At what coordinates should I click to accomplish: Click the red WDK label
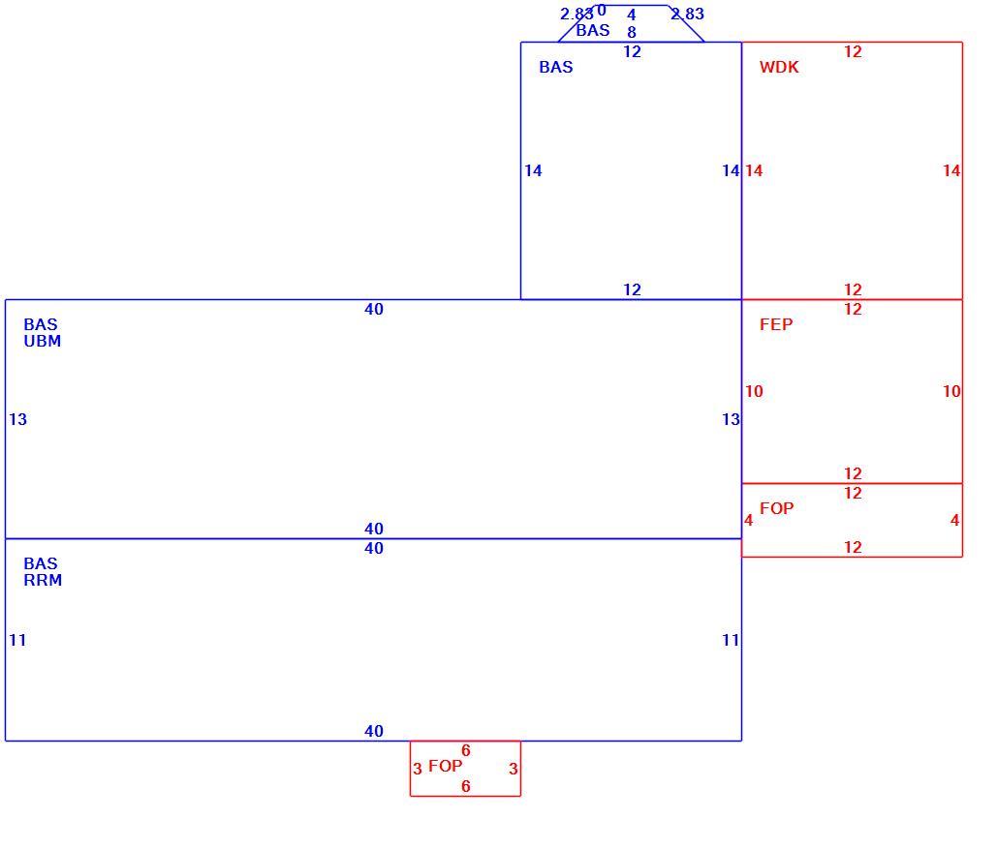779,68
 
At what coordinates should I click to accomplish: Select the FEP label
776,325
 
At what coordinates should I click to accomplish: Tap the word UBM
43,342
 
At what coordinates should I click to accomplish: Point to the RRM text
43,581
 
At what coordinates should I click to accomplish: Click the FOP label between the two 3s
445,767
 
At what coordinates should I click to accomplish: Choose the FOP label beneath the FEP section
776,509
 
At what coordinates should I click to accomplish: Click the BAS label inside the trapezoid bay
593,31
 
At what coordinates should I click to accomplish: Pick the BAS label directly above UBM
41,325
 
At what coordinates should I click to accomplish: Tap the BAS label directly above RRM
41,564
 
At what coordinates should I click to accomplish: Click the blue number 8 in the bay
632,33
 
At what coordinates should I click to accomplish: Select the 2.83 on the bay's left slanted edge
577,14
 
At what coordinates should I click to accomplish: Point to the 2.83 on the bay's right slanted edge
687,14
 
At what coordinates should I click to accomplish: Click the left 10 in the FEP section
754,392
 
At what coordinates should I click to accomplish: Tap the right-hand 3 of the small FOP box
513,770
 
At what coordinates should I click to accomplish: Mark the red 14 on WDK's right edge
951,171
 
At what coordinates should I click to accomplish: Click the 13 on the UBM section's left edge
17,420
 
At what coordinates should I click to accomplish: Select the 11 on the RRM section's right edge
731,641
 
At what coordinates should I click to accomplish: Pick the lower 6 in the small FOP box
466,787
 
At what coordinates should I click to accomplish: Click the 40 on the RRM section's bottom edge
374,731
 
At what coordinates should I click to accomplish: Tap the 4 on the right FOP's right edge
954,521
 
